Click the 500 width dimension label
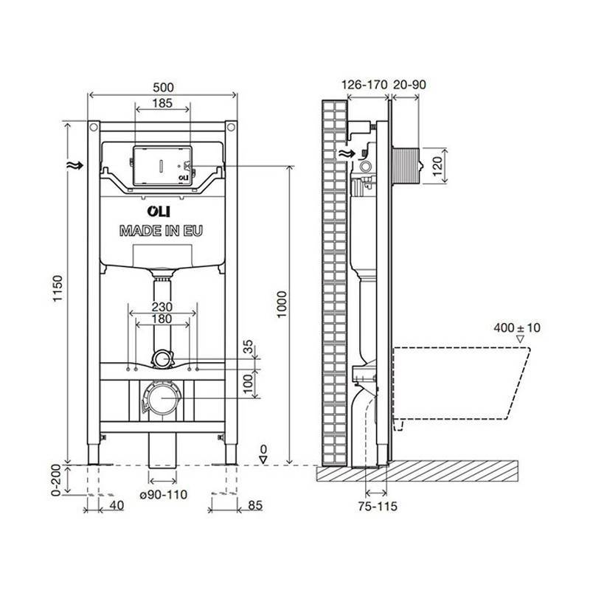click(162, 85)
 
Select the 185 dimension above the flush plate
click(163, 104)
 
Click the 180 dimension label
click(162, 319)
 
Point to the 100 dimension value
click(249, 381)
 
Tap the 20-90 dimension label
click(409, 85)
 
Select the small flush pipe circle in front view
click(161, 359)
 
